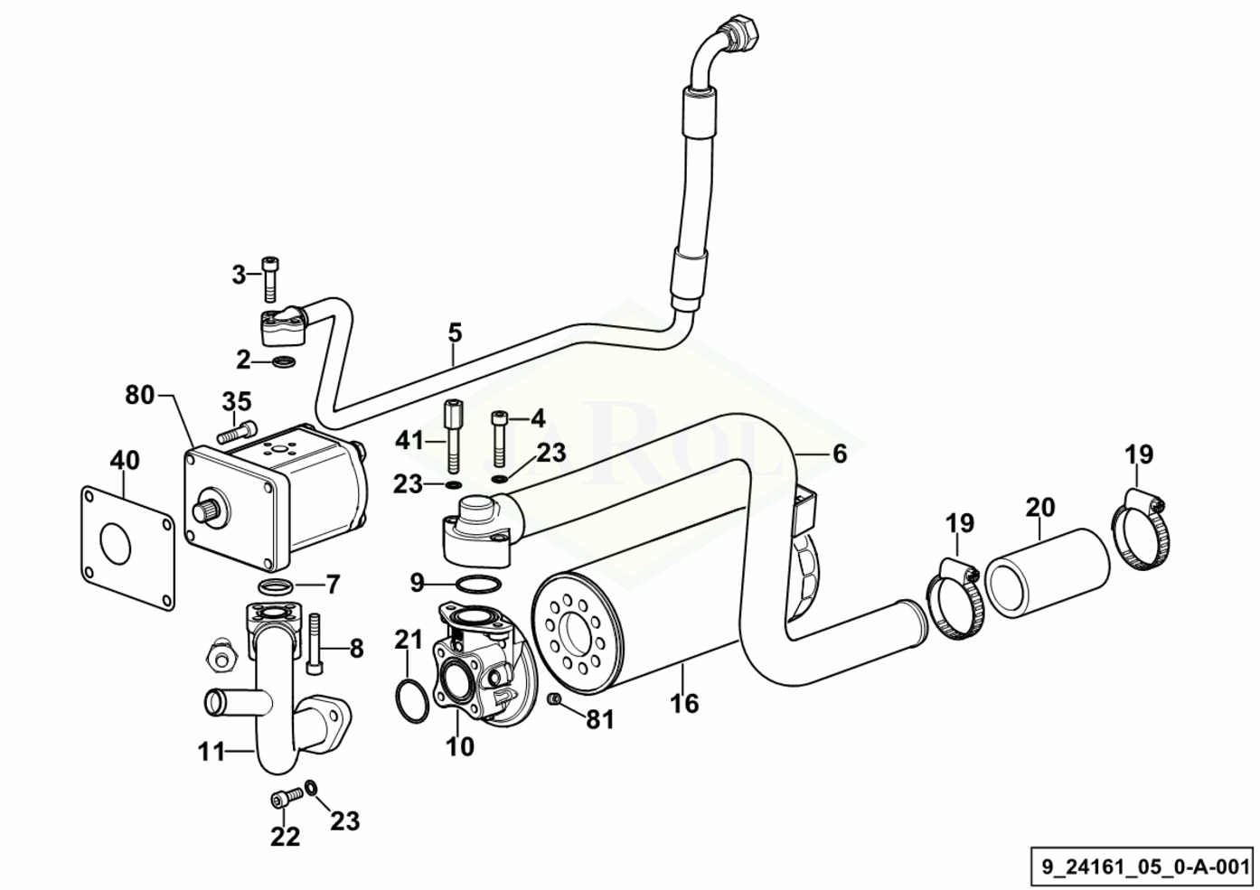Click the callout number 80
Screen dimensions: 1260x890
point(139,395)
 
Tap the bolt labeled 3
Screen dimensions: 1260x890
point(270,279)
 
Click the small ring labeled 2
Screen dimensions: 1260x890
point(285,361)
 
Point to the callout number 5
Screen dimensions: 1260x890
point(455,333)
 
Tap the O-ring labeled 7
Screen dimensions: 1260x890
point(275,586)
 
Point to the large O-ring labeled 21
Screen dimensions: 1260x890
point(413,700)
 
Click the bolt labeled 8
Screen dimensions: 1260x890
point(315,643)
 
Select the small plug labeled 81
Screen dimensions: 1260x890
point(554,698)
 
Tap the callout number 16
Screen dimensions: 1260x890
point(684,703)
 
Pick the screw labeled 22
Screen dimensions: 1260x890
point(286,796)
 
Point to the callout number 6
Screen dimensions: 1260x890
point(839,454)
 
